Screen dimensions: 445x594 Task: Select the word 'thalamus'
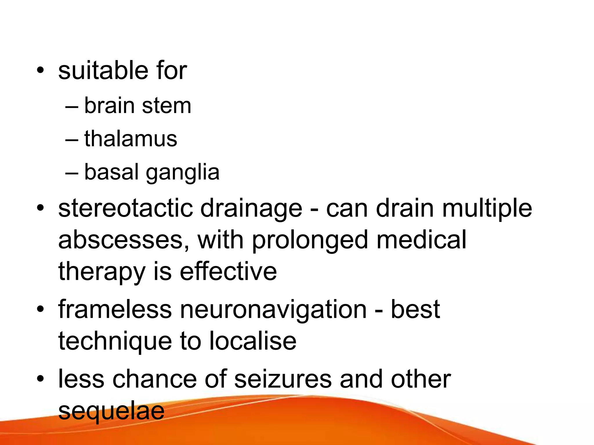point(131,139)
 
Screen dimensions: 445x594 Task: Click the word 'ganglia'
point(182,172)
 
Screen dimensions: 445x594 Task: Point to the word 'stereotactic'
point(125,208)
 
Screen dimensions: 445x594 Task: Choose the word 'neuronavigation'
point(273,310)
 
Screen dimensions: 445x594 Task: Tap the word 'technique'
point(115,342)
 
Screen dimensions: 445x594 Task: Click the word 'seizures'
point(282,379)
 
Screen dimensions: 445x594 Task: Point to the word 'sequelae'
point(111,411)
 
